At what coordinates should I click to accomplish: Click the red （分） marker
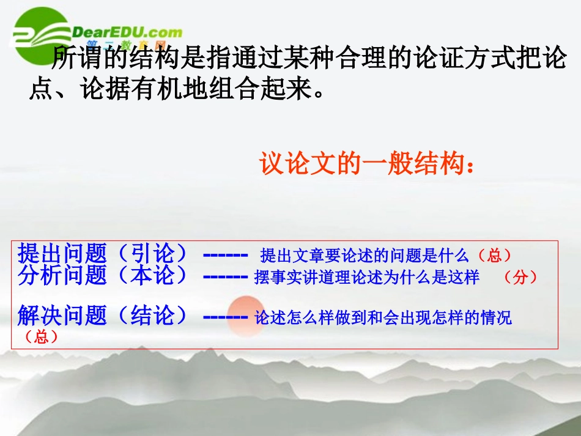(520, 277)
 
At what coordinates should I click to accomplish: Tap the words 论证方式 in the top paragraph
(450, 59)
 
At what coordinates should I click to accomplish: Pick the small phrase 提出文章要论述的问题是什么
(365, 255)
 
